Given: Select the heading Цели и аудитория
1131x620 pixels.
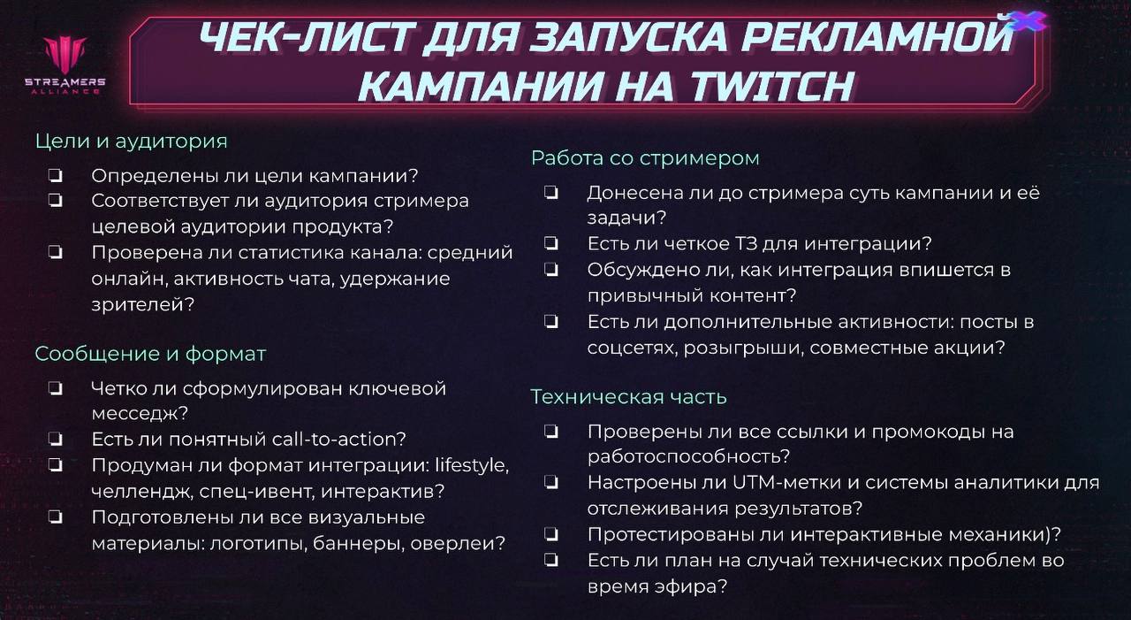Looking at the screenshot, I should pyautogui.click(x=131, y=141).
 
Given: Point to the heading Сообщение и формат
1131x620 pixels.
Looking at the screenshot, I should pyautogui.click(x=150, y=354).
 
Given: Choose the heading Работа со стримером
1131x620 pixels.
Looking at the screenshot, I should pyautogui.click(x=645, y=158).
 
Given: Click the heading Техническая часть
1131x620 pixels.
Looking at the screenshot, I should pyautogui.click(x=628, y=397).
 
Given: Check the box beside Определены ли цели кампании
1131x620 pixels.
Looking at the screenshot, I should pyautogui.click(x=55, y=175).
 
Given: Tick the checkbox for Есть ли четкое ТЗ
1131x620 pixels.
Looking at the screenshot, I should pyautogui.click(x=550, y=242).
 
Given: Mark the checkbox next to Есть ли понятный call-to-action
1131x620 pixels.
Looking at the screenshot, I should pyautogui.click(x=55, y=439).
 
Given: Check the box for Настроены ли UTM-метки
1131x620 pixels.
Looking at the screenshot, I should pyautogui.click(x=550, y=483).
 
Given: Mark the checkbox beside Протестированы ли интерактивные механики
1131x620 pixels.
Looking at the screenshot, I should pyautogui.click(x=550, y=534).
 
